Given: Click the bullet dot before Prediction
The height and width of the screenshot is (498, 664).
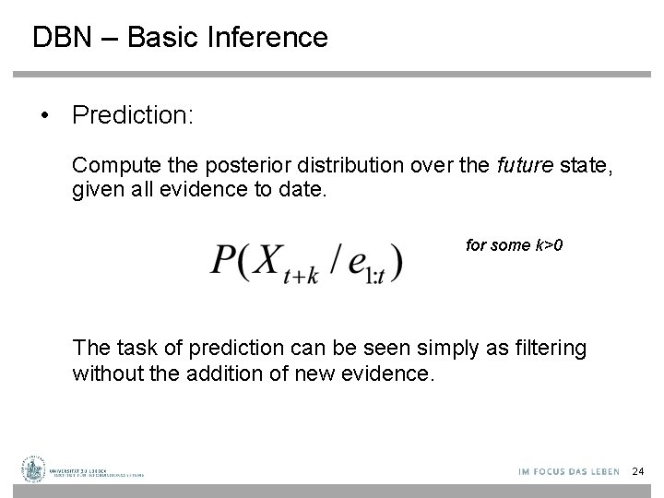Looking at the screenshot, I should tap(43, 115).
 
